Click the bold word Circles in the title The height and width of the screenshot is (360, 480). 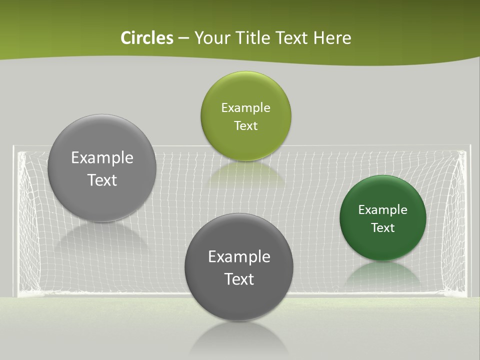coord(147,38)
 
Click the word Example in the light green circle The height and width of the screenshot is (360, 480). coord(245,107)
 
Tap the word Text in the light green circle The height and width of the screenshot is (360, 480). coord(245,125)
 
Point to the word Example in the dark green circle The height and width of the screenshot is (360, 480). coord(383,209)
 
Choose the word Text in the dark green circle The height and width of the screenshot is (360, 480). coord(383,227)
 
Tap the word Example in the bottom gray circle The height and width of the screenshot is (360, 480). coord(239,256)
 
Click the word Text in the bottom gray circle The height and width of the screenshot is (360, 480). coord(239,278)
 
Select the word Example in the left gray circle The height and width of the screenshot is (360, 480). coord(102,157)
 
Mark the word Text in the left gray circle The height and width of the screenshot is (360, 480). coord(102,179)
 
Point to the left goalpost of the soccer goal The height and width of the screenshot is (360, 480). coord(14,220)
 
